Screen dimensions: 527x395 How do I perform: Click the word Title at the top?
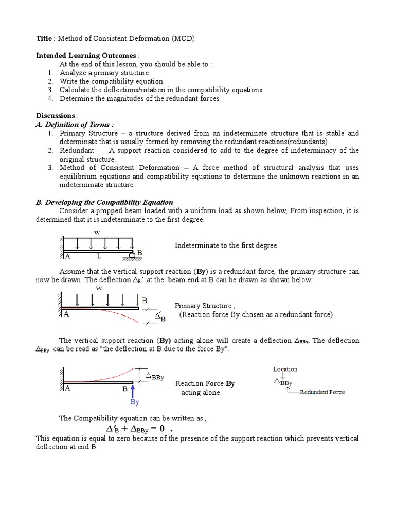pos(44,38)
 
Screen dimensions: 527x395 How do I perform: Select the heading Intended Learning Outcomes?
pos(86,56)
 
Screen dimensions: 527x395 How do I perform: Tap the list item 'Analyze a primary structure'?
pos(104,73)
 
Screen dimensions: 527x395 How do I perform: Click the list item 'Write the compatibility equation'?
pos(111,81)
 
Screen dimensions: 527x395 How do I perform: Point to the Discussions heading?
pos(56,115)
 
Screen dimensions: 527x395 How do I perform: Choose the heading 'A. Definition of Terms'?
pos(75,124)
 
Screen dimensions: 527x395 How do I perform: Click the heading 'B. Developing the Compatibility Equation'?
pos(104,202)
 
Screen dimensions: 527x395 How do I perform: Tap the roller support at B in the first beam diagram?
pos(132,254)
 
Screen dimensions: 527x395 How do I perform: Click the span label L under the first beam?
pos(99,256)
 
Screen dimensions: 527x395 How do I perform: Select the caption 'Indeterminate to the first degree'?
pos(226,245)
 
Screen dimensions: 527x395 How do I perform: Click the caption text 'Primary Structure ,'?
pos(204,306)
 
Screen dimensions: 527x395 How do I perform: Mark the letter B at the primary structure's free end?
pos(145,300)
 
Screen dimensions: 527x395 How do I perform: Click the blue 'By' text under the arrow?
pos(135,402)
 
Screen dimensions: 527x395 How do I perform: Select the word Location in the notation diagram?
pos(285,369)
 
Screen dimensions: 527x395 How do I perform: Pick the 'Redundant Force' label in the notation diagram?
pos(322,392)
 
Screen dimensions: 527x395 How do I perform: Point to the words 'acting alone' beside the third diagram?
pos(200,393)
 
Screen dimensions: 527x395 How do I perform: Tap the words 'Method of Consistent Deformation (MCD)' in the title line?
pos(127,38)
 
